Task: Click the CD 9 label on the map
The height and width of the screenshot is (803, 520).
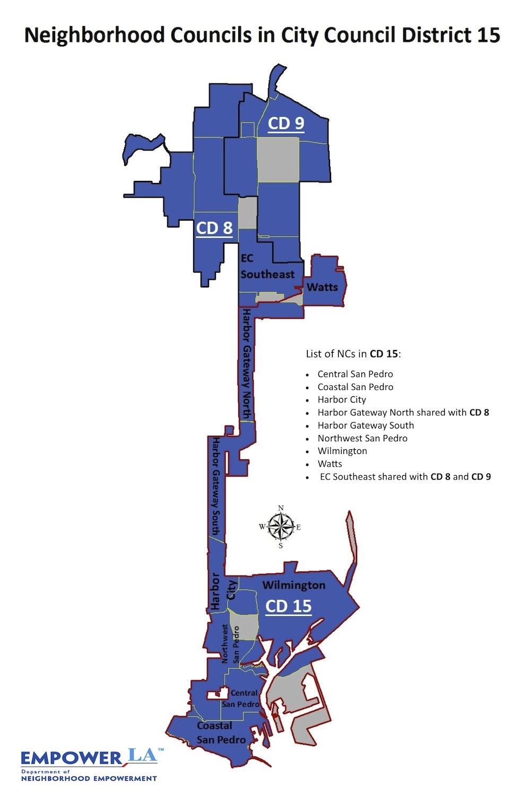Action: click(286, 123)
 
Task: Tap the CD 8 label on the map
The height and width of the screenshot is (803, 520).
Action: click(214, 228)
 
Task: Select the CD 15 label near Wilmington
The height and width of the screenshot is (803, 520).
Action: click(288, 606)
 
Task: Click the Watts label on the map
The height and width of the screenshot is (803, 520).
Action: click(322, 287)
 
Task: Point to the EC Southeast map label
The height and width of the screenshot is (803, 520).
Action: click(267, 267)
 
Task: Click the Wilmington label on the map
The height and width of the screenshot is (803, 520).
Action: click(293, 585)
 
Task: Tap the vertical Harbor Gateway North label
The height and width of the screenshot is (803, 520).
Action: click(247, 364)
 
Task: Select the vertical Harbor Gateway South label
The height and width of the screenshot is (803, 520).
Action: click(216, 486)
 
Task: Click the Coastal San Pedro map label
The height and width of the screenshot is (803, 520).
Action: click(221, 732)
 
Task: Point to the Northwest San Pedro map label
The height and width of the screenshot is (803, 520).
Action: click(230, 644)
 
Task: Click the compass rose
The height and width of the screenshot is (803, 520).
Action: click(281, 527)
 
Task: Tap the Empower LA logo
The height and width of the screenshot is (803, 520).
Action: click(89, 764)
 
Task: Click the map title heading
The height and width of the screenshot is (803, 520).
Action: click(262, 36)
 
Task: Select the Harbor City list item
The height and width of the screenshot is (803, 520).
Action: click(342, 399)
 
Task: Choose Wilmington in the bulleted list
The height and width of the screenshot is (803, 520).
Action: click(342, 451)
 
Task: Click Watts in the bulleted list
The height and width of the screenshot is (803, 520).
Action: click(330, 464)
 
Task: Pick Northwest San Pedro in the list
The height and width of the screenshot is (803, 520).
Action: click(362, 438)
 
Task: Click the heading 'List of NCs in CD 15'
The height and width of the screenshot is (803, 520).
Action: click(353, 354)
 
